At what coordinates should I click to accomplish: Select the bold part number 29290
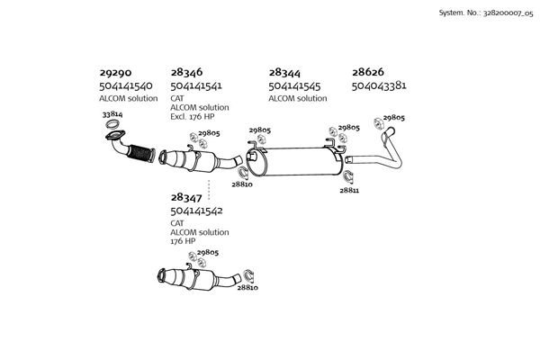115,73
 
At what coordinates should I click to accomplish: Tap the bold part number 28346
186,73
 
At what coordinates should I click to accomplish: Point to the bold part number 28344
284,73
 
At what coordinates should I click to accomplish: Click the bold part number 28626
368,73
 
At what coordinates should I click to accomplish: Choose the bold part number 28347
186,197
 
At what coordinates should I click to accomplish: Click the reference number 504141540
126,86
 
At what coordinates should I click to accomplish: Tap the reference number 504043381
379,86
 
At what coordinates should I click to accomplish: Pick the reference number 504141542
197,211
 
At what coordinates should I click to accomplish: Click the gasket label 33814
112,115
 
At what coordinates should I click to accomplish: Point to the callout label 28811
349,191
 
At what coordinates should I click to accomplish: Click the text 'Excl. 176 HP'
193,117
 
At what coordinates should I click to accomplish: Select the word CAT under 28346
176,98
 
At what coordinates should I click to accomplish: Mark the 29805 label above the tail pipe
393,118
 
